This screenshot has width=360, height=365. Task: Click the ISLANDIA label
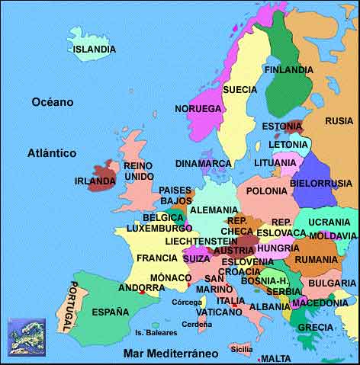point(95,50)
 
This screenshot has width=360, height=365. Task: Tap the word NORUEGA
point(198,108)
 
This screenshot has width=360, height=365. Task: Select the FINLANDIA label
point(288,70)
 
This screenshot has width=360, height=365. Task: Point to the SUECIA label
point(239,89)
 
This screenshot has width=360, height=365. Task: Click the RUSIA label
point(339,121)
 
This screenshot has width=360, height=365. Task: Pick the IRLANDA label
point(95,181)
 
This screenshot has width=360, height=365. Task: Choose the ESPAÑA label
point(111,312)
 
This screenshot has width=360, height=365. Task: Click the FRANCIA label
point(157,258)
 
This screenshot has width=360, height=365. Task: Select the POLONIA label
point(266,191)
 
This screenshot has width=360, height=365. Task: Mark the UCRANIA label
point(329,222)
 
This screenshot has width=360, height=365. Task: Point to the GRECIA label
point(315,328)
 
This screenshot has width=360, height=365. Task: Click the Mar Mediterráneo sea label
point(171,354)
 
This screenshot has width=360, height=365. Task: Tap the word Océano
point(53,101)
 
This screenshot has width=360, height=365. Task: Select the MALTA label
point(275,358)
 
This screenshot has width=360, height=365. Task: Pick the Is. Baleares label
point(156,332)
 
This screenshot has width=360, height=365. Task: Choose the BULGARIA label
point(331,283)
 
